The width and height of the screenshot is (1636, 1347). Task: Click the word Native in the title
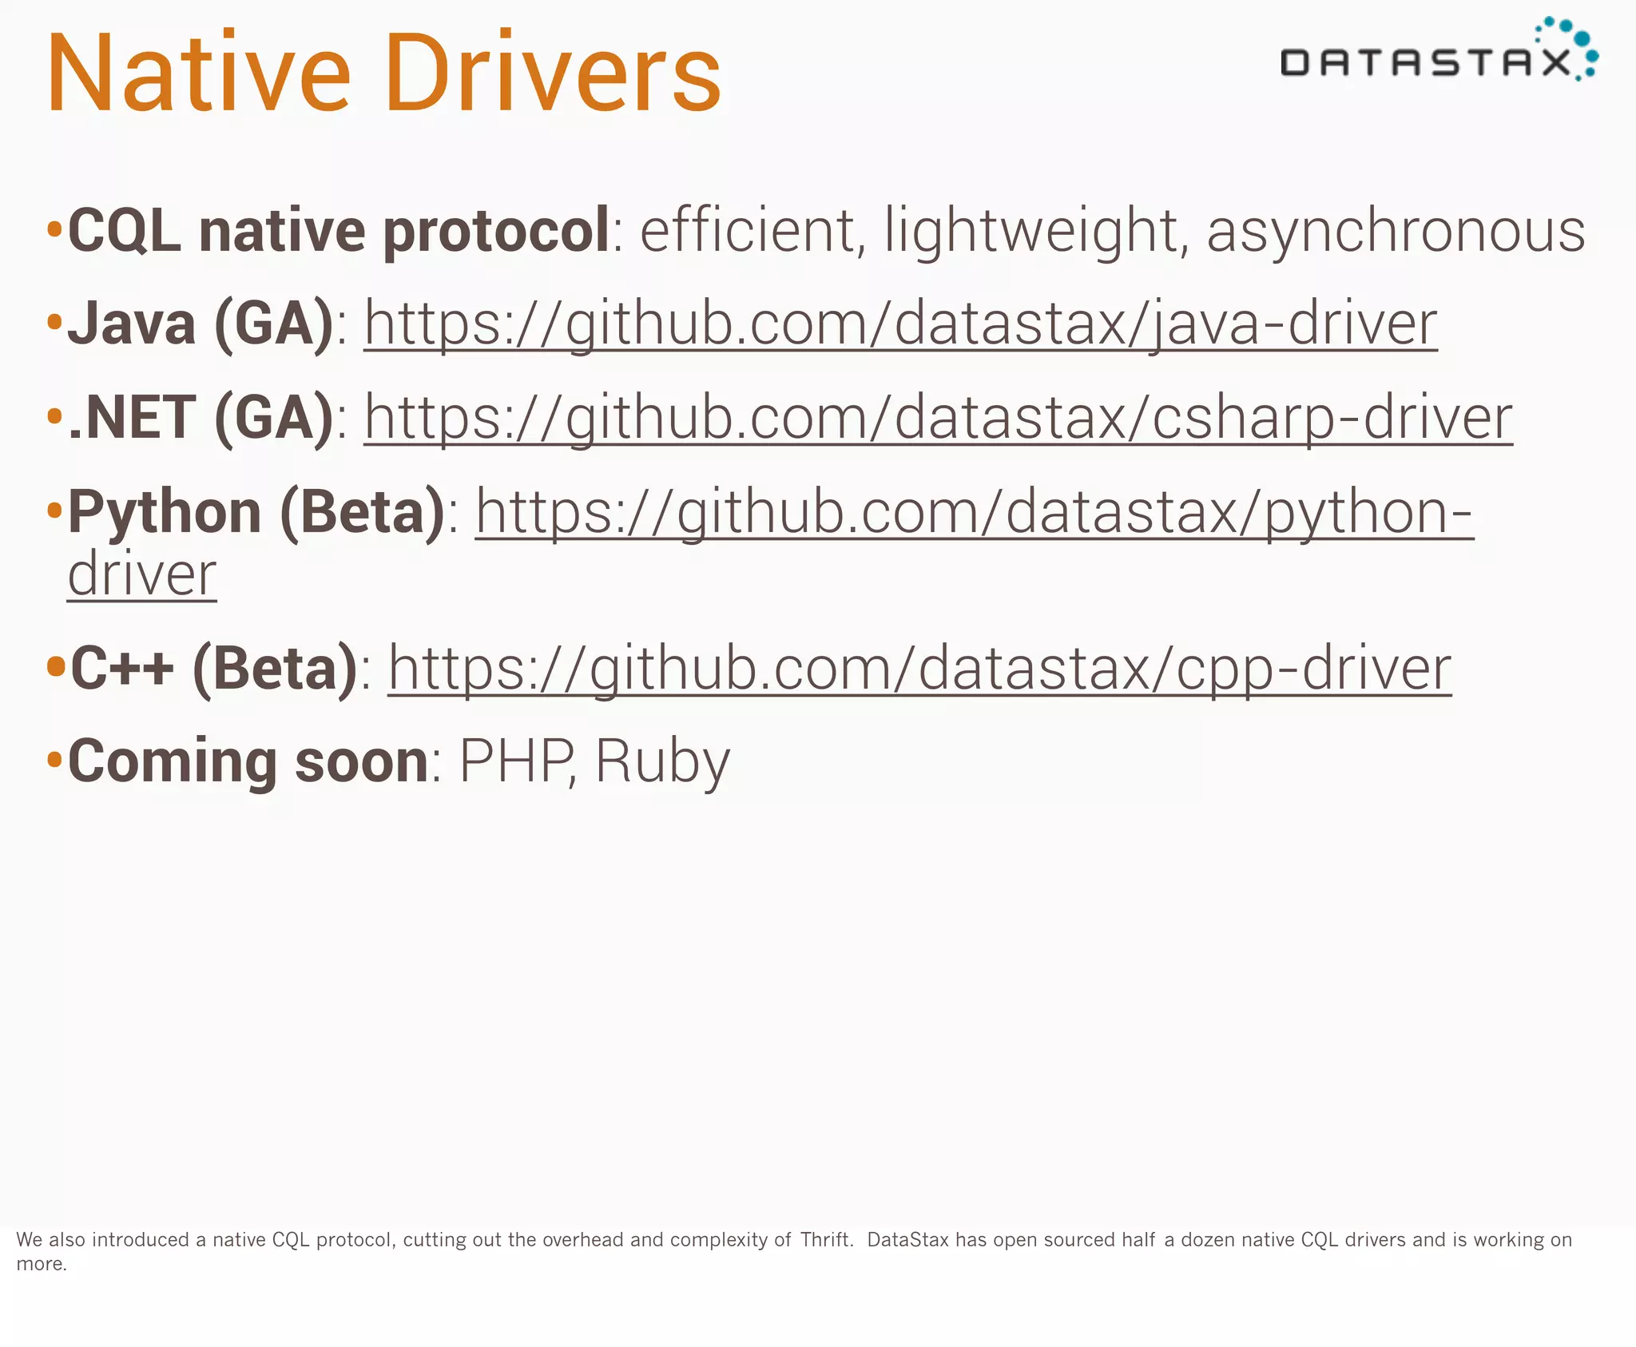click(198, 74)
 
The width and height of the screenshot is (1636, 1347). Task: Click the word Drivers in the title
click(553, 74)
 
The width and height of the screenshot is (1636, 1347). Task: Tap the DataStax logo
click(1438, 53)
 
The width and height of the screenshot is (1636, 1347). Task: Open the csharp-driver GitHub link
click(938, 418)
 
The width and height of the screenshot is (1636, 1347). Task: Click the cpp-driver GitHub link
click(919, 669)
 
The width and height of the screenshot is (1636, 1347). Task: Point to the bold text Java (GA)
click(200, 324)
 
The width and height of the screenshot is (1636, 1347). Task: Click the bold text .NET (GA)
click(200, 418)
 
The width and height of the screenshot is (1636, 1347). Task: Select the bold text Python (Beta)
click(256, 511)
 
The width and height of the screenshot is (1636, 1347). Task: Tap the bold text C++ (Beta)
click(214, 669)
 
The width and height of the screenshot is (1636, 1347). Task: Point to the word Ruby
click(662, 761)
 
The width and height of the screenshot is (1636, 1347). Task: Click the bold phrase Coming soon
click(248, 761)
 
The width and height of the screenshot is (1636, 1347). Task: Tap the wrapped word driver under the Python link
click(142, 574)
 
